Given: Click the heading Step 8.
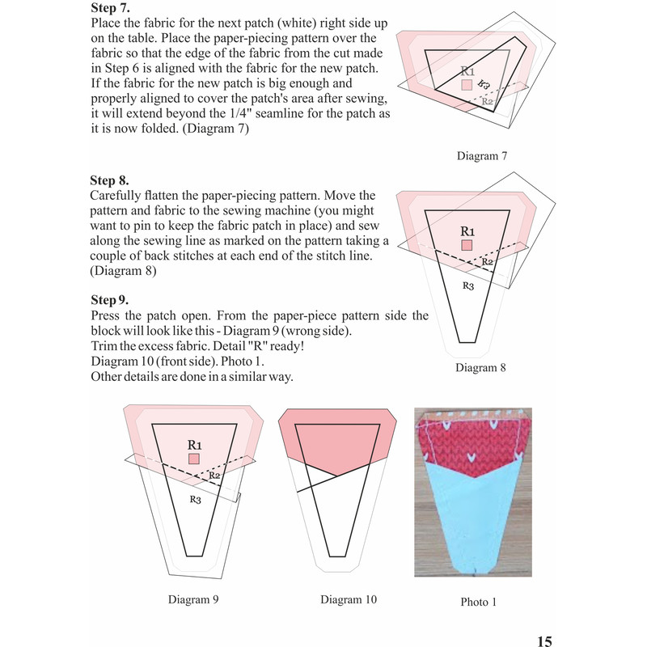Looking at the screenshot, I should coord(111,180).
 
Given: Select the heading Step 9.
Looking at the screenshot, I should coord(111,300).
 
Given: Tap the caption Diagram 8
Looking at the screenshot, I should coord(480,368).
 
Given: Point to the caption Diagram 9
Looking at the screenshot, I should coord(193,599).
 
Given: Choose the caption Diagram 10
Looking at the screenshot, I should coord(349,599).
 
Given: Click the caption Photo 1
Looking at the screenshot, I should coord(478,602).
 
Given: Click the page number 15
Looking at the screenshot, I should coord(544,641).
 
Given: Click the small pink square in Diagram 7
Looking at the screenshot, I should coord(467,84).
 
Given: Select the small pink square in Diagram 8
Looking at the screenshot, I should coord(467,245).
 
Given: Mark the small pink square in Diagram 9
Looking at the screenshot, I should coord(194,459).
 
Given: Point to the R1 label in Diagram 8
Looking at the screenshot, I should coord(467,230).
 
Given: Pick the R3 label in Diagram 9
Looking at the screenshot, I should coord(195,500).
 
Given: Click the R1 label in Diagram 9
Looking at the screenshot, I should coord(194,444).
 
